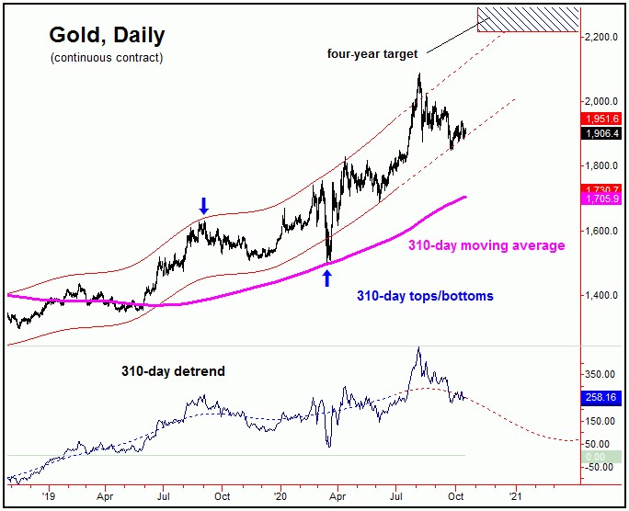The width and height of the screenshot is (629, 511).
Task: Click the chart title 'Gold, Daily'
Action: [106, 36]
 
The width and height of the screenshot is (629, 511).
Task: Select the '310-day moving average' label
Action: [486, 245]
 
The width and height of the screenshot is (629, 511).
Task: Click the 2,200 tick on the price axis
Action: [603, 37]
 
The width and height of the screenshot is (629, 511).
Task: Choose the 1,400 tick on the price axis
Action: [603, 295]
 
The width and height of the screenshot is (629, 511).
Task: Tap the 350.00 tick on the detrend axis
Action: [603, 374]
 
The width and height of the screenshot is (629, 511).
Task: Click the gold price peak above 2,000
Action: [419, 75]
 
